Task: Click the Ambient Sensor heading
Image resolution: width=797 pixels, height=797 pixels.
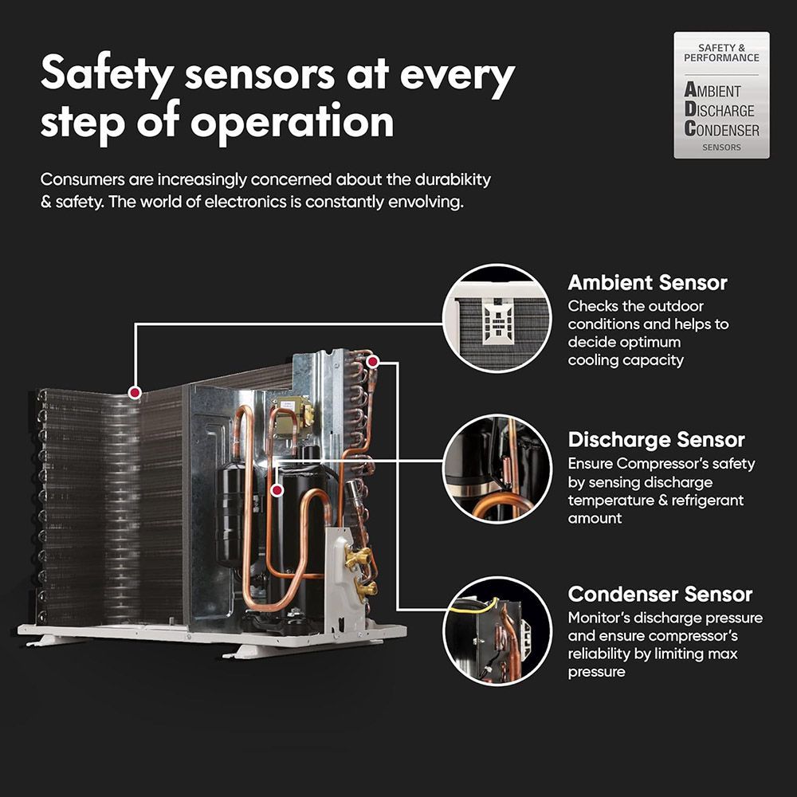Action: click(x=647, y=283)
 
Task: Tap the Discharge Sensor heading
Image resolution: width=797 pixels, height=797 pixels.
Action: click(x=656, y=440)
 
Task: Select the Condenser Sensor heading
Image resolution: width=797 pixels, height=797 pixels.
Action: click(x=660, y=595)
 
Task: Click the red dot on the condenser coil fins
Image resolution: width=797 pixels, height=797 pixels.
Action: click(x=135, y=392)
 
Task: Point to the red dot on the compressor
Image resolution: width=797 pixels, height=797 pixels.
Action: click(x=277, y=490)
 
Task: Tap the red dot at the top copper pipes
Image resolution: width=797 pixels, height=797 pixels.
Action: click(x=372, y=361)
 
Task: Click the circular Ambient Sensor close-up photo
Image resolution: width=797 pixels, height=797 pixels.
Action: click(x=497, y=318)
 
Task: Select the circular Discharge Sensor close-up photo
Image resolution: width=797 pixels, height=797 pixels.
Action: click(x=497, y=469)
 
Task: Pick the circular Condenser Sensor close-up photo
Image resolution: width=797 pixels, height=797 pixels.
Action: click(x=497, y=630)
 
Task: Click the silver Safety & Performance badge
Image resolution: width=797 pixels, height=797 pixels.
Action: click(x=721, y=95)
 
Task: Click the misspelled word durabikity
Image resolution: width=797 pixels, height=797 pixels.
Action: click(x=453, y=179)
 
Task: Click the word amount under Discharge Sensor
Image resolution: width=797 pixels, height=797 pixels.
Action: click(x=595, y=519)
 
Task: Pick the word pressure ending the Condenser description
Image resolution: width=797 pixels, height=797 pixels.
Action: click(x=596, y=672)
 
